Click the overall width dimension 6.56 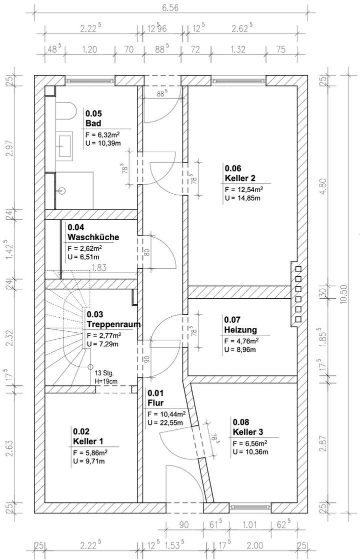coord(170,8)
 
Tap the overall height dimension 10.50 coord(343,294)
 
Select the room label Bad coord(93,123)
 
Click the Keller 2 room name coord(239,178)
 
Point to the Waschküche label coord(93,237)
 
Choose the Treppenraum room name coord(113,324)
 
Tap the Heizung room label coord(240,329)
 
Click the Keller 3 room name coord(248,432)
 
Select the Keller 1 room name coord(88,441)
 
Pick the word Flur coord(155,403)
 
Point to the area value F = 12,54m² coord(244,189)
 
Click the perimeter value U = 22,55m coord(165,423)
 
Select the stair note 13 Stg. coord(104,373)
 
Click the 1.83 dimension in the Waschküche coord(99,268)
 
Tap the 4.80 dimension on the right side coord(323,186)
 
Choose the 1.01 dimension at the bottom coord(250,524)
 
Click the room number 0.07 coord(232,320)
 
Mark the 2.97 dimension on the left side coord(10,148)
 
